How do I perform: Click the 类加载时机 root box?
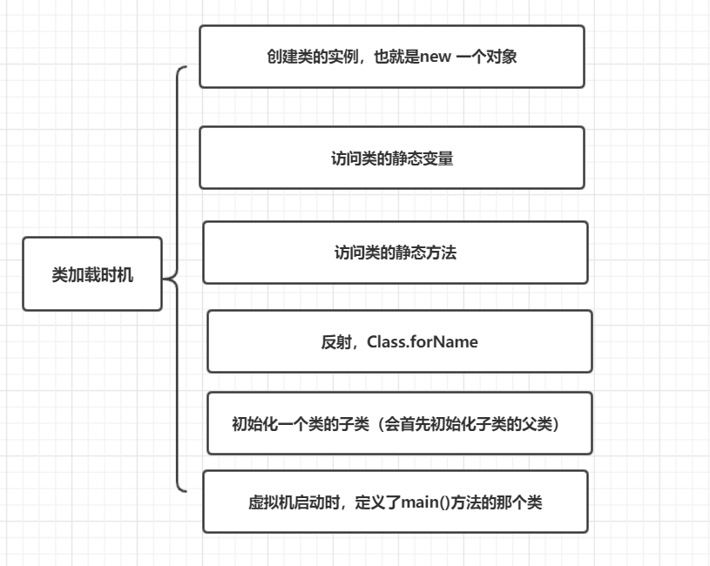coord(92,273)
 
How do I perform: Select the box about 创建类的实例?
coord(391,57)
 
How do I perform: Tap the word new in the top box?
coord(436,57)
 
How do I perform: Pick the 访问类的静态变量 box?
coord(391,158)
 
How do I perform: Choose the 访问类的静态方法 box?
coord(395,253)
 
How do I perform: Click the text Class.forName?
coord(423,342)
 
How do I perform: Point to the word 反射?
coord(335,342)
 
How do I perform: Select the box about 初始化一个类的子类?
coord(399,423)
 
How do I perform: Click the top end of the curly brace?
coord(186,67)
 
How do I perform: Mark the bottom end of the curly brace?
coord(186,491)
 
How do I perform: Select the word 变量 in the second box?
coord(437,158)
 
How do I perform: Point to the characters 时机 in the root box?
coord(118,274)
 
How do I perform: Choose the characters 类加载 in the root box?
coord(77,274)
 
